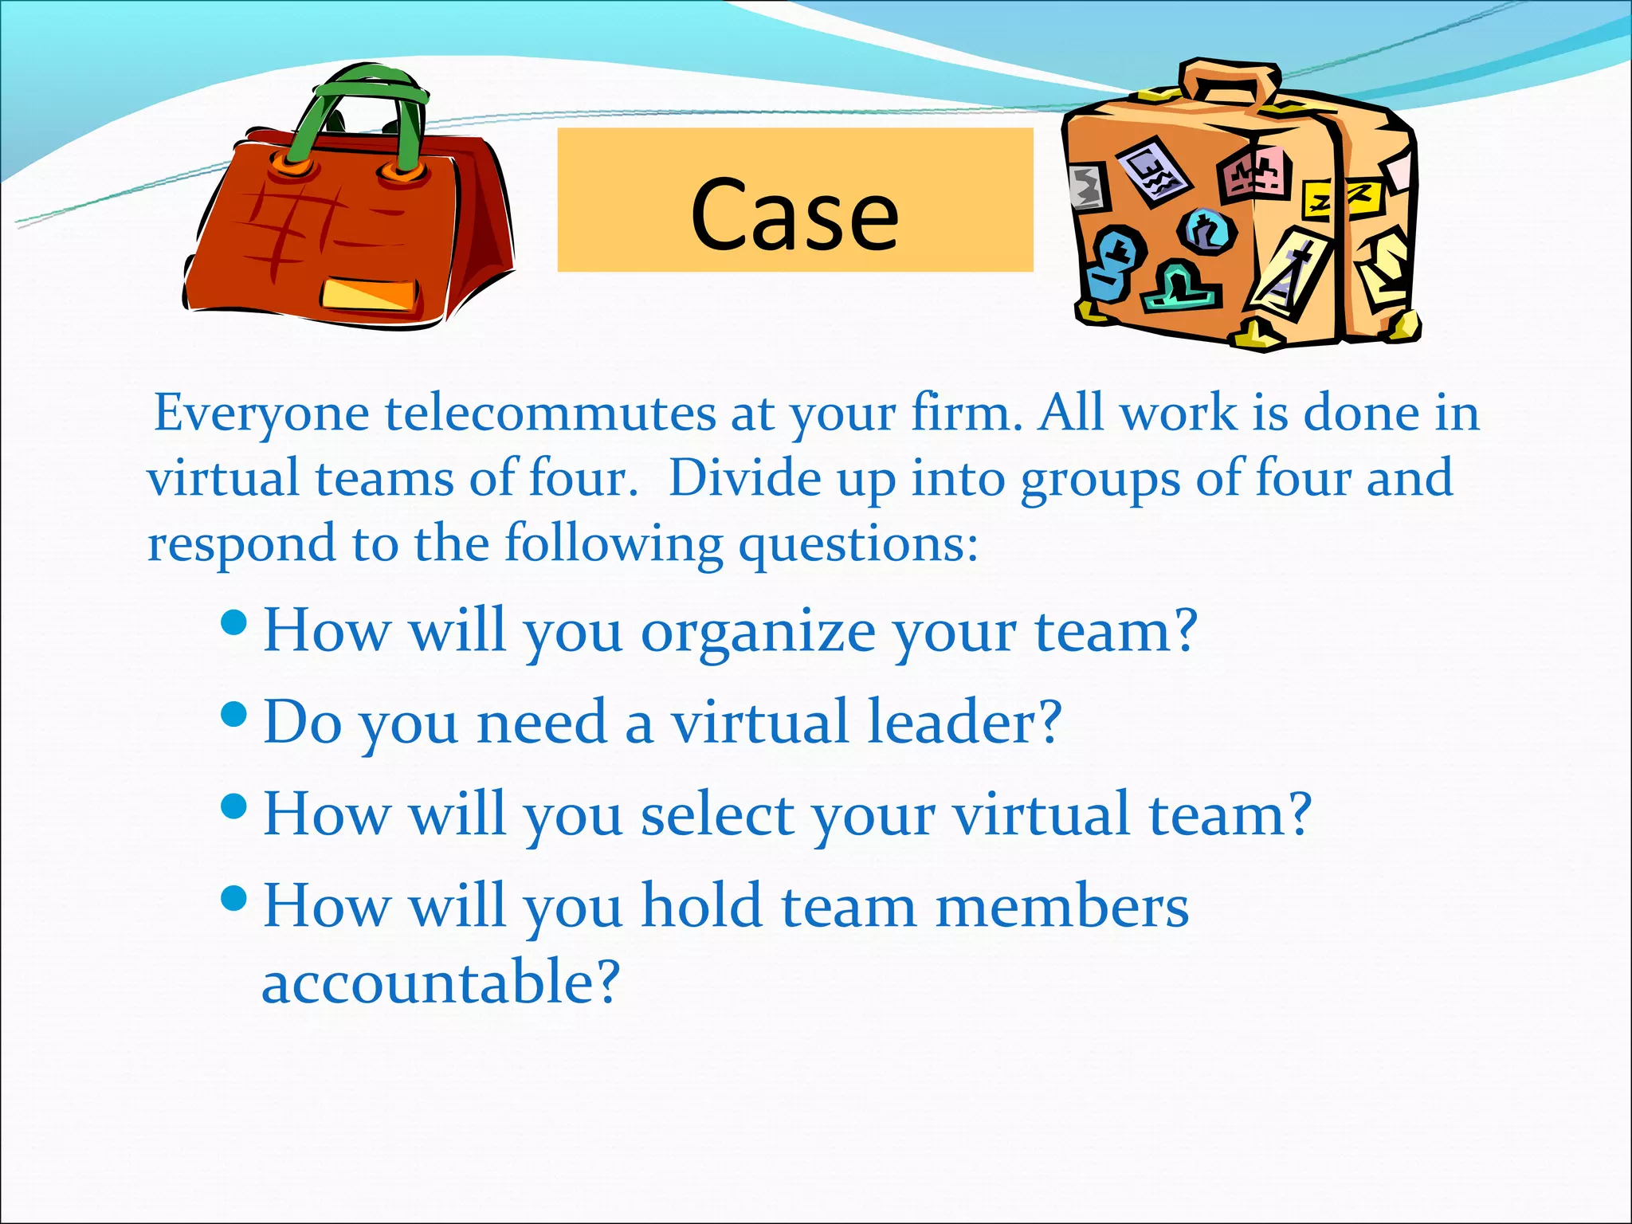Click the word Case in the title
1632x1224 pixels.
point(794,214)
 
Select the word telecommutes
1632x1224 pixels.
point(550,414)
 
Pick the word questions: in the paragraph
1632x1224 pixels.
point(858,545)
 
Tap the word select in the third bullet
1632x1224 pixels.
point(717,814)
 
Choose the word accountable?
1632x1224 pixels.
point(441,982)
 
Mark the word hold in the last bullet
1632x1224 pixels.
point(702,907)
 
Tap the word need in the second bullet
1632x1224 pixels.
point(542,722)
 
